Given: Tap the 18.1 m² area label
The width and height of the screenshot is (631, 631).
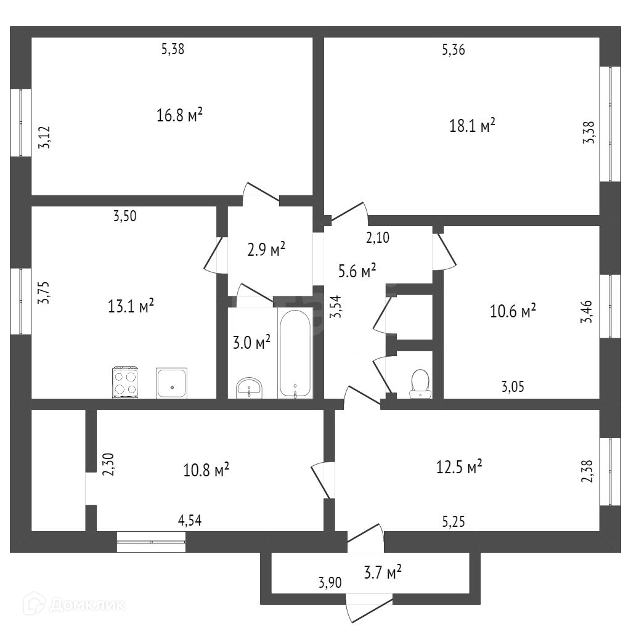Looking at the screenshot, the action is [x=473, y=126].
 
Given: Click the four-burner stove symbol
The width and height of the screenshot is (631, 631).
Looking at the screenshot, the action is [x=124, y=381].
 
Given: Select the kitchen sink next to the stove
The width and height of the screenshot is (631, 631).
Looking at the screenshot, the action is [x=171, y=383].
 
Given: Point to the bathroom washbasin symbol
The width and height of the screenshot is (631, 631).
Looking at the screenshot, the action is [x=249, y=388].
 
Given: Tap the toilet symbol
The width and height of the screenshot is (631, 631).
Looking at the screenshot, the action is [x=420, y=383].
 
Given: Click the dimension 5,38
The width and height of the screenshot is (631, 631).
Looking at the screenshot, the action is [x=173, y=50].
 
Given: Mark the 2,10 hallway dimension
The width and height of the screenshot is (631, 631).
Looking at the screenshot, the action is [x=378, y=237].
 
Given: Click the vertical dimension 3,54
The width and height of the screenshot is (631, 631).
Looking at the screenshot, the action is [x=336, y=306].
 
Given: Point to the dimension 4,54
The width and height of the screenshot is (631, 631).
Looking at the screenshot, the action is [x=190, y=521].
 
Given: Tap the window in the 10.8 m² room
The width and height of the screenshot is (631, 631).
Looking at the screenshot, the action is [x=151, y=542].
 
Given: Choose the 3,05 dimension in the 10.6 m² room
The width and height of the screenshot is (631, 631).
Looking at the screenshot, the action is [x=513, y=387].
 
